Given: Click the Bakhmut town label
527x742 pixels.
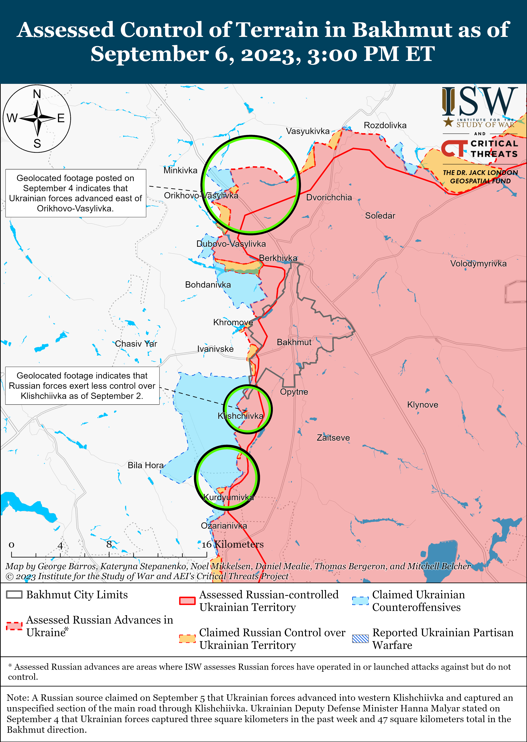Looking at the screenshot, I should pyautogui.click(x=294, y=342).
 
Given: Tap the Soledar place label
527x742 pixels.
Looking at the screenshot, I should pyautogui.click(x=380, y=215).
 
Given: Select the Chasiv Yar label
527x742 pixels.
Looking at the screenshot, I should pyautogui.click(x=136, y=344).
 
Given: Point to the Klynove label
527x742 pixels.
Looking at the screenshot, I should pyautogui.click(x=422, y=405).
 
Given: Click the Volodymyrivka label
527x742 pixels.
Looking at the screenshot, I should pyautogui.click(x=478, y=264).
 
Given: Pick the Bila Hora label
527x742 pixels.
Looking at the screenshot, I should pyautogui.click(x=145, y=465).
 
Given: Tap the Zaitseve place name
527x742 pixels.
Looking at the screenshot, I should pyautogui.click(x=333, y=438).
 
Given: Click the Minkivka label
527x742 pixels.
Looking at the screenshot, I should pyautogui.click(x=180, y=170).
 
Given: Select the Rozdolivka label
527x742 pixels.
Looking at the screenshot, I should pyautogui.click(x=385, y=125).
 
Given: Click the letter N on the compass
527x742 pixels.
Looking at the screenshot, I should pyautogui.click(x=37, y=94).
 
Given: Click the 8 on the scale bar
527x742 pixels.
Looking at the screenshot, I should pyautogui.click(x=109, y=544).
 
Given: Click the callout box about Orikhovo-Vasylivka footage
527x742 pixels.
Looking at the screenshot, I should pyautogui.click(x=76, y=193).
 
